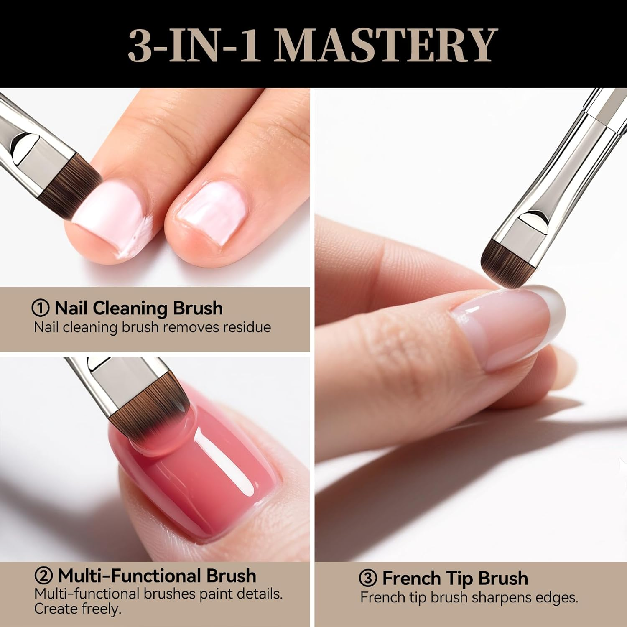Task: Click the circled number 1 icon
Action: tap(41, 308)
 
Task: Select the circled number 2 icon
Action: tap(43, 576)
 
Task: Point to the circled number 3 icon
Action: tap(368, 579)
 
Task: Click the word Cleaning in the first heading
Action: tap(130, 308)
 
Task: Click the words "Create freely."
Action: tap(77, 609)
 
